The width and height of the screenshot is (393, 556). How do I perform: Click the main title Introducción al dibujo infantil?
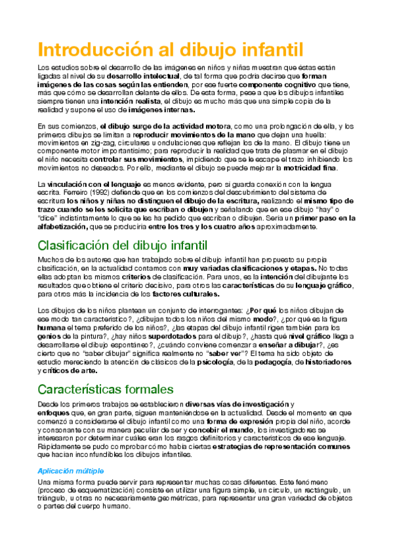170,50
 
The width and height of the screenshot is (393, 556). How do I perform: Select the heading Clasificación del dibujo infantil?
132,247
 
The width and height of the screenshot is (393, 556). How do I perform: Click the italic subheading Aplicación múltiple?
71,471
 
